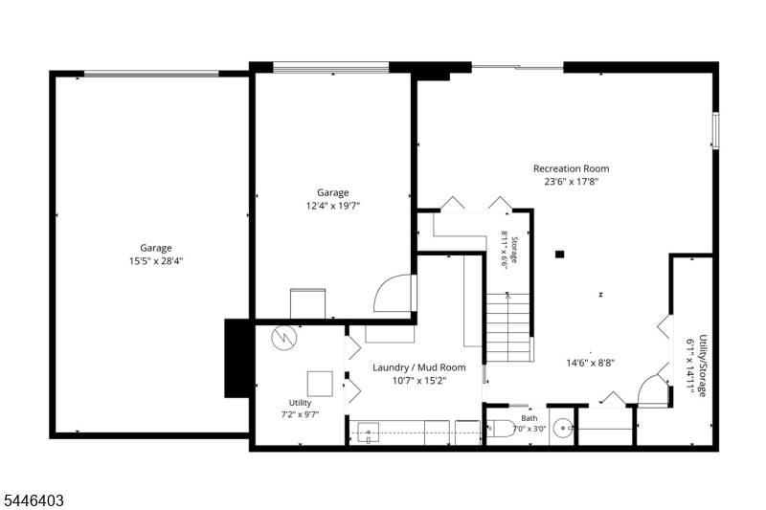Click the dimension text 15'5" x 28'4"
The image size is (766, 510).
[x=156, y=261]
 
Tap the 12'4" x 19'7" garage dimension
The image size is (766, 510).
[x=332, y=206]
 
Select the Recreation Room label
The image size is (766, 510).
[x=571, y=168]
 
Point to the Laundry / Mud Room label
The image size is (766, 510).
[x=419, y=367]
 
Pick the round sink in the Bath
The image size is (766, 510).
[x=564, y=428]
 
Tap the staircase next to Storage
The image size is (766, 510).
[x=508, y=327]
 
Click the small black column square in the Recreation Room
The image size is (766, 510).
[x=560, y=255]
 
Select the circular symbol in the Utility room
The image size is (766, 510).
[x=283, y=338]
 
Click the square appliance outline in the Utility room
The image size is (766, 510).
[x=320, y=384]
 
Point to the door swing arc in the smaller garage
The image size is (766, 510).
[x=392, y=293]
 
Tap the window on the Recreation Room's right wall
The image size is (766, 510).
[x=715, y=130]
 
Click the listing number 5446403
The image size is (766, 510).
[x=34, y=500]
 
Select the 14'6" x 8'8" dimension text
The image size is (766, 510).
[x=591, y=363]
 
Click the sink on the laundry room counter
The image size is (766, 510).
[x=369, y=432]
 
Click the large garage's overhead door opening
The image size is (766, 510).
[x=151, y=75]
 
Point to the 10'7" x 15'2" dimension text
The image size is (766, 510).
[x=419, y=381]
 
